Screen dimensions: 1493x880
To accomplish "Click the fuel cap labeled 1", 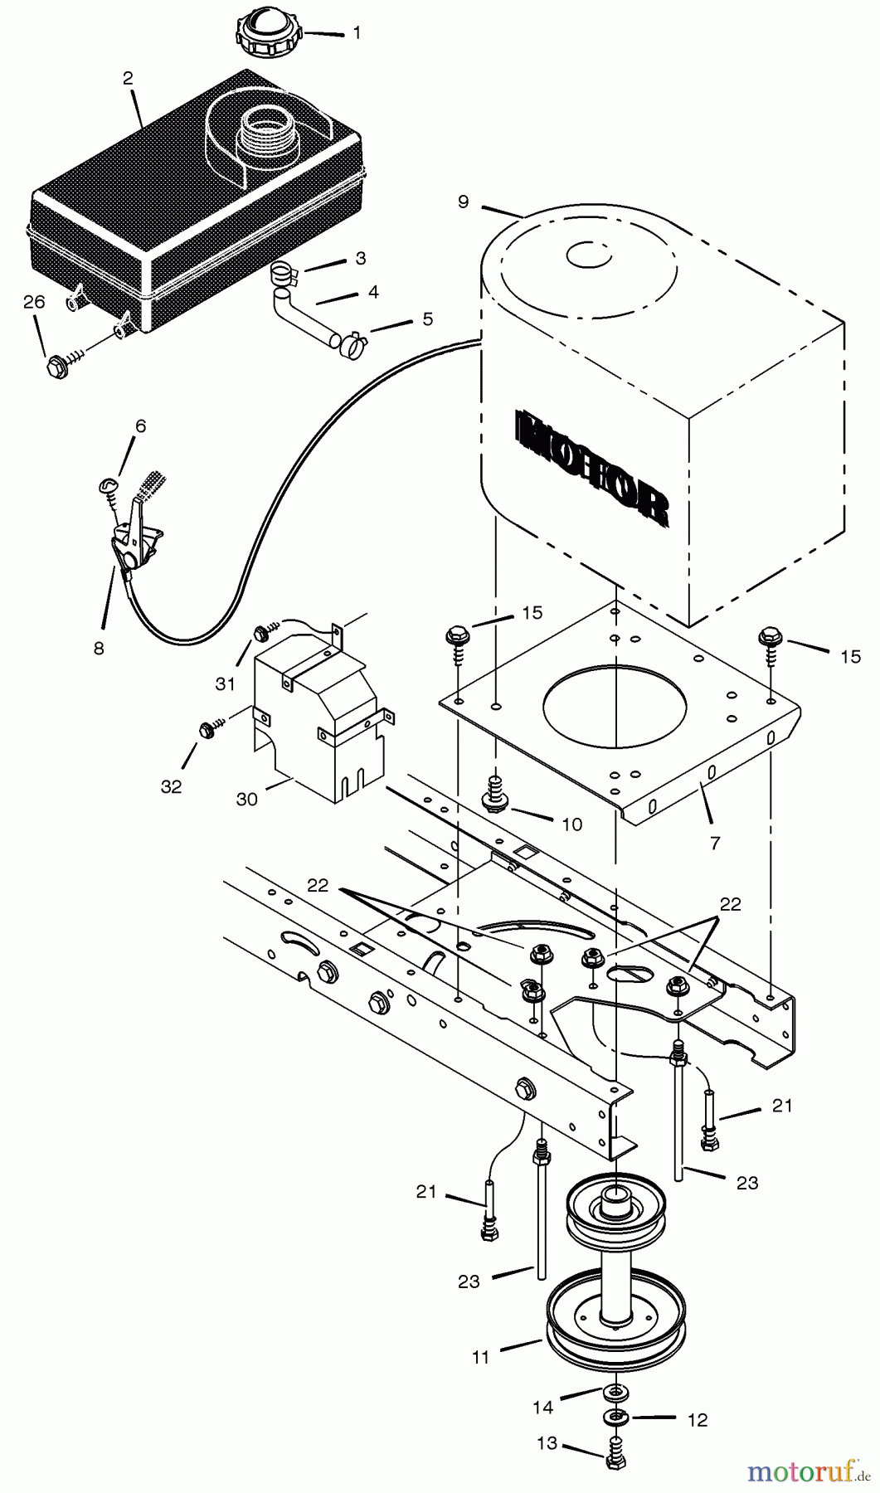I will [270, 32].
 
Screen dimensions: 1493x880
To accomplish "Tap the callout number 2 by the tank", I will [128, 79].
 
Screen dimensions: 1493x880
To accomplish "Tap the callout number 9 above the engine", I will [463, 202].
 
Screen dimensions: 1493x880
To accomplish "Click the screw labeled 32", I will [206, 730].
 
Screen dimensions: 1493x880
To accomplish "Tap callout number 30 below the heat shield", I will [246, 799].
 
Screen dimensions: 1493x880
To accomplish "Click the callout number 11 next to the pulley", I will [481, 1357].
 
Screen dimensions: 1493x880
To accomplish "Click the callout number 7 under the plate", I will [715, 843].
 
